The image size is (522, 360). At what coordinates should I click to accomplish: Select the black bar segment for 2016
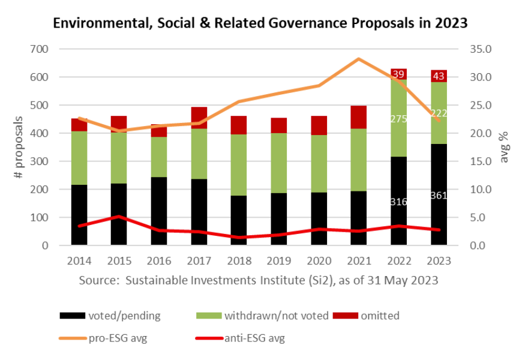pyautogui.click(x=159, y=210)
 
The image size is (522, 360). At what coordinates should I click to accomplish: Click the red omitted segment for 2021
pyautogui.click(x=359, y=117)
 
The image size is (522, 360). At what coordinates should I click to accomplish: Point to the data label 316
pyautogui.click(x=398, y=202)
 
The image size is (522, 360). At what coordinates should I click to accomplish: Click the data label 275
pyautogui.click(x=398, y=119)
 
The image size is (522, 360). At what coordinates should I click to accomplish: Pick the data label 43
pyautogui.click(x=439, y=76)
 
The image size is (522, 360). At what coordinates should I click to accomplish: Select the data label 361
pyautogui.click(x=439, y=195)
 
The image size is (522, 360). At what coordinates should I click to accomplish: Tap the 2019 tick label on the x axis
pyautogui.click(x=278, y=261)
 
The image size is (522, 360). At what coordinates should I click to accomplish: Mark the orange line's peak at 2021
pyautogui.click(x=359, y=59)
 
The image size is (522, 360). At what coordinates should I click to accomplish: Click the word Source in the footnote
pyautogui.click(x=95, y=280)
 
